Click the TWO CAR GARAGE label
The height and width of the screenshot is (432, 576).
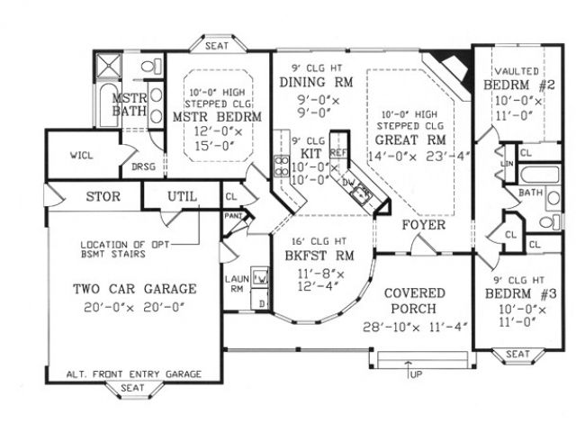click(134, 290)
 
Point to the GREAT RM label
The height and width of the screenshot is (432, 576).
click(409, 139)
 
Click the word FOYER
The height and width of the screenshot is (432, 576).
click(423, 224)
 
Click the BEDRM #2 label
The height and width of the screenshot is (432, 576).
click(520, 85)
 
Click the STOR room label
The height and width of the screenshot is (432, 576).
click(103, 196)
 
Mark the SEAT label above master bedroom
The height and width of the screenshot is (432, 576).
click(216, 44)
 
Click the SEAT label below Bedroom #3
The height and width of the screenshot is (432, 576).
click(517, 355)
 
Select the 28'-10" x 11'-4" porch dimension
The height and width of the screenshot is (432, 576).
click(414, 327)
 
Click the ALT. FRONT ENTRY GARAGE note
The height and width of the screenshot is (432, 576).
click(133, 373)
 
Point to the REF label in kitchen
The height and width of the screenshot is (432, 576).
click(338, 152)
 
